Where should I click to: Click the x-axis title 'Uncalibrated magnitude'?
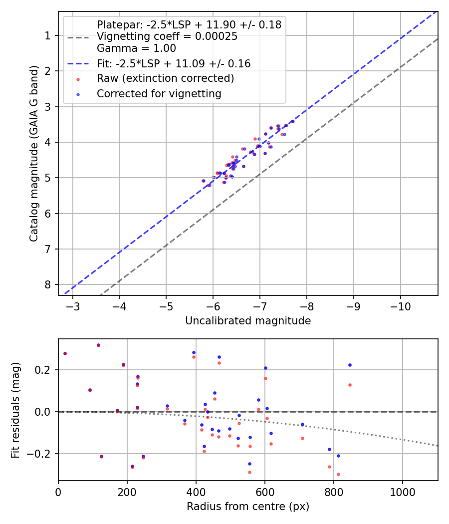[248, 321]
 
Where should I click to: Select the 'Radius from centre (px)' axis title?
[248, 507]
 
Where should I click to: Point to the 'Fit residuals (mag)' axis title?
[15, 410]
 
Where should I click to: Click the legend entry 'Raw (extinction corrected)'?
[165, 78]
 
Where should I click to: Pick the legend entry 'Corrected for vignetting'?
[159, 93]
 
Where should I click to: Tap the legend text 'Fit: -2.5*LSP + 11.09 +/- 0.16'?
[174, 63]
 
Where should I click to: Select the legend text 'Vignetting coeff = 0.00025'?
[167, 36]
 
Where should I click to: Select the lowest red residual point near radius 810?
[338, 474]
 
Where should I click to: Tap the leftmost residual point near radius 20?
[65, 353]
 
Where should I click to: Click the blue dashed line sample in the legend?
[78, 63]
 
